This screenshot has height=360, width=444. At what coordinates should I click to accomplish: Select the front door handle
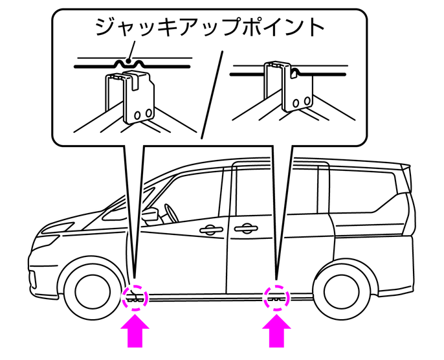click(x=210, y=230)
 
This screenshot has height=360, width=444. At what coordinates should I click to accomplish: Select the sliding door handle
click(x=246, y=229)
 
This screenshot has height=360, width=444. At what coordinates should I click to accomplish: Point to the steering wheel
click(x=172, y=213)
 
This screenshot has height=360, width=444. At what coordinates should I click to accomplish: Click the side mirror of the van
click(x=150, y=216)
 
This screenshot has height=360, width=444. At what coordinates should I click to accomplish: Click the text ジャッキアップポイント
click(x=209, y=27)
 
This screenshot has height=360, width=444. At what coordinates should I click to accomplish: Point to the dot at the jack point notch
click(x=129, y=61)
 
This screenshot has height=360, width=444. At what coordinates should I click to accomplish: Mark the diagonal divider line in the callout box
click(x=212, y=95)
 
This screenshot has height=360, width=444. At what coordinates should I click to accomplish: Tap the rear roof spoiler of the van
click(x=406, y=176)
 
